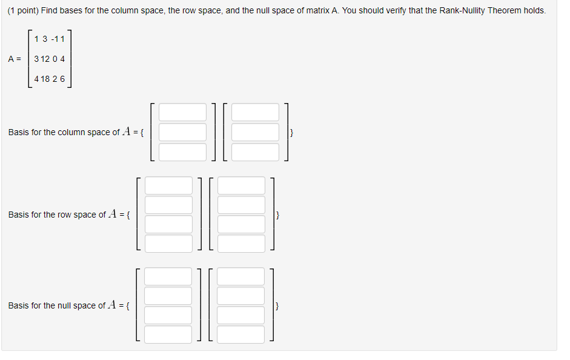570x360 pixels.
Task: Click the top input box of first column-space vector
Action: point(183,112)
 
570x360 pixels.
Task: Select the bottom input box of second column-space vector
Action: point(255,152)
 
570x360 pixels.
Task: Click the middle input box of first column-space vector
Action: point(183,132)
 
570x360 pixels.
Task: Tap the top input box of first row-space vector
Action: point(168,185)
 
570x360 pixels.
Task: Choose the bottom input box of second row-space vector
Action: point(241,244)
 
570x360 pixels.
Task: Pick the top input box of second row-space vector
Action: point(241,185)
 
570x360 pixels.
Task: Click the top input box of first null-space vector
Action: point(168,276)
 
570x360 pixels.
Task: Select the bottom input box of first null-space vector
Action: point(168,335)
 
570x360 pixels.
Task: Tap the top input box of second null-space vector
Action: point(241,276)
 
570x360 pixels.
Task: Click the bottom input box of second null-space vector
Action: point(241,335)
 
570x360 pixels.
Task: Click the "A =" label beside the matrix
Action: point(15,59)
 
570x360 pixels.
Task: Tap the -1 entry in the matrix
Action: point(55,39)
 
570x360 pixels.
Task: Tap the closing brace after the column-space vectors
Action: point(292,132)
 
